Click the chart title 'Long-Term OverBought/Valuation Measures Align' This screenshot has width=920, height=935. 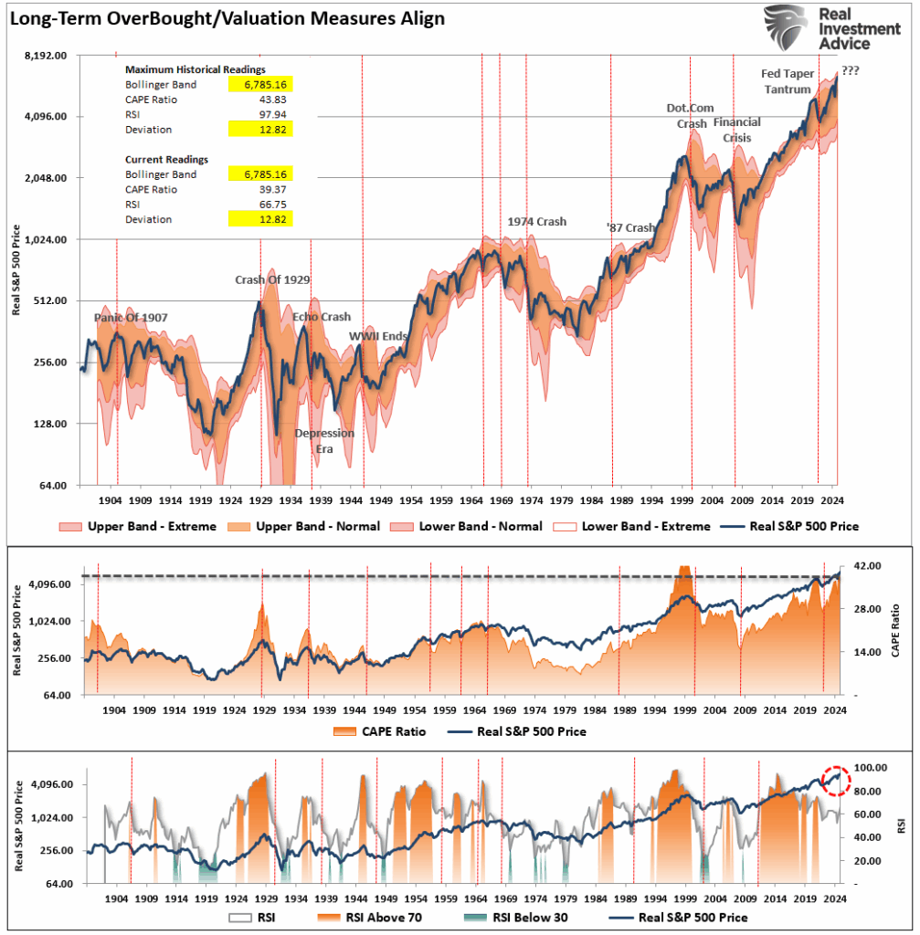point(227,18)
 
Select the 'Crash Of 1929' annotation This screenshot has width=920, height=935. point(271,280)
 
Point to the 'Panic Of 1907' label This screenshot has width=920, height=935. point(131,318)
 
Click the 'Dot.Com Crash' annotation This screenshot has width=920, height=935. point(690,116)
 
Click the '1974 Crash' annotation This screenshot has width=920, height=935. point(537,222)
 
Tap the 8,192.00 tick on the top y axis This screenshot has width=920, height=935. point(45,56)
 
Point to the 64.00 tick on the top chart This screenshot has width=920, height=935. point(51,486)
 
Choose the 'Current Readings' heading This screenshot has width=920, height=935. point(166,159)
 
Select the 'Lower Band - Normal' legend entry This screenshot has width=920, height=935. point(466,526)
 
